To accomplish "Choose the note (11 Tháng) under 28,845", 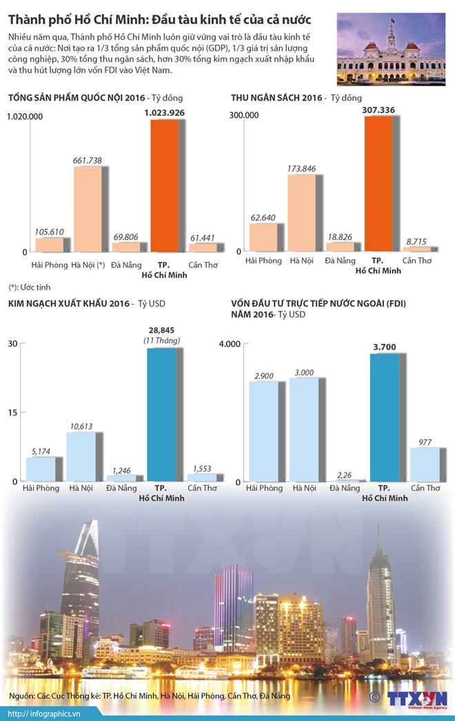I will point(162,341).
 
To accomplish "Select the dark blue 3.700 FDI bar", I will point(384,417).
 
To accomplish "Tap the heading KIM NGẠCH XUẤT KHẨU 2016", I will point(68,303).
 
